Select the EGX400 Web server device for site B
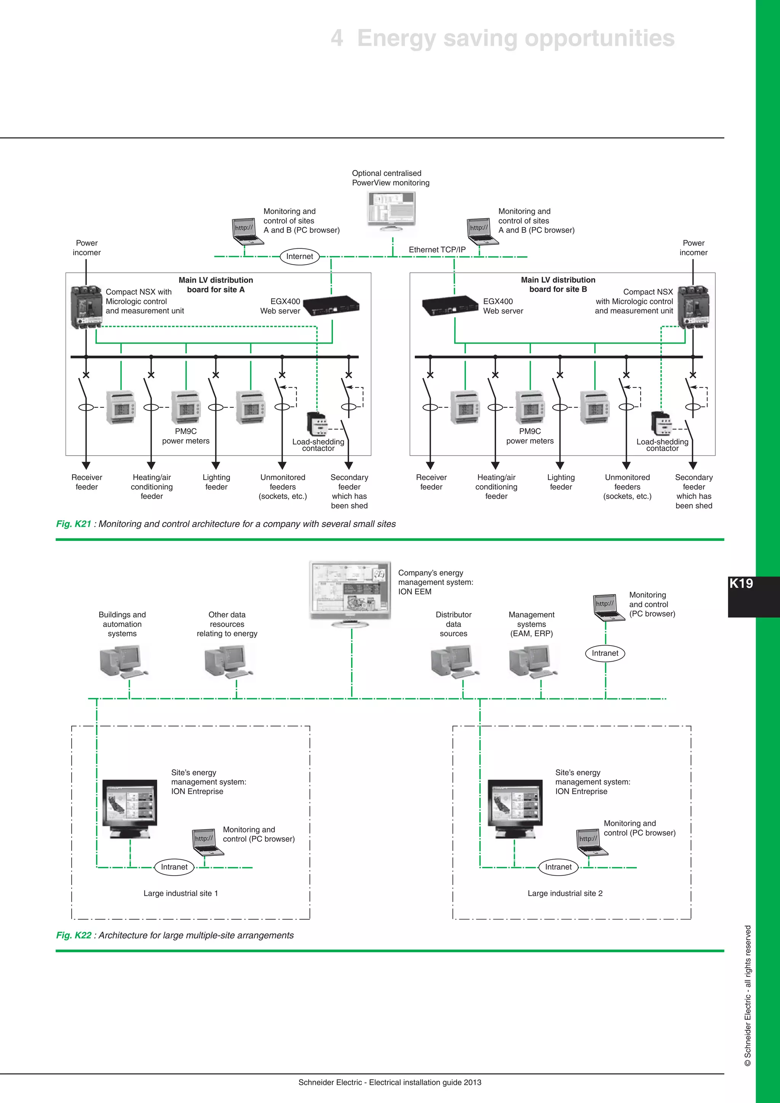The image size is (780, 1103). tap(451, 306)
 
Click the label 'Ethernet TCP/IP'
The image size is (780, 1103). tap(437, 250)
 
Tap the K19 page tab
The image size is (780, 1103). tap(742, 584)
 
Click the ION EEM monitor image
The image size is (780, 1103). tap(350, 590)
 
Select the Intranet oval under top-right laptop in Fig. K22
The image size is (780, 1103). tap(605, 653)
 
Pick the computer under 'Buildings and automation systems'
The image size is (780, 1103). tap(122, 662)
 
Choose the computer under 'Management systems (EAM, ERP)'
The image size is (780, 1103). tap(532, 662)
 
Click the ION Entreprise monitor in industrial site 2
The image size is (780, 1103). tap(515, 807)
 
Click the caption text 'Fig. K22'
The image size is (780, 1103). tap(74, 935)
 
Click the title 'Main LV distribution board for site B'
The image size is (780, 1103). tap(558, 285)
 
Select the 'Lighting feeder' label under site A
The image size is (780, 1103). tap(216, 482)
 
